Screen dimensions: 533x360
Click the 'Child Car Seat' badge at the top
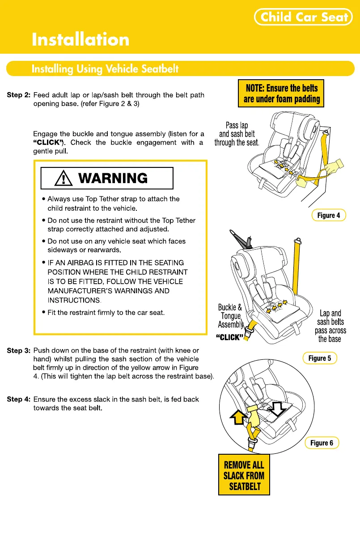tap(304, 17)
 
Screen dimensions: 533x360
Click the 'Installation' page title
tap(80, 40)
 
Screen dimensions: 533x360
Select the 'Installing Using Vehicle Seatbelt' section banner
tap(105, 69)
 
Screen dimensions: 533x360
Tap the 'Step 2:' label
tap(19, 95)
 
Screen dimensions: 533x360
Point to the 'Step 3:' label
tap(19, 350)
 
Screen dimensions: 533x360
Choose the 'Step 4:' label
tap(19, 399)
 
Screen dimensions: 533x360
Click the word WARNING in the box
tap(113, 178)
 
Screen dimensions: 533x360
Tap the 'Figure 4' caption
tap(329, 215)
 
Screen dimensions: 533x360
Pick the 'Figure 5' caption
tap(320, 358)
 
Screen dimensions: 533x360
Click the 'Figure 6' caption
tap(322, 443)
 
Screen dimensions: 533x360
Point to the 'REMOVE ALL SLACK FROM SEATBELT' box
tap(244, 475)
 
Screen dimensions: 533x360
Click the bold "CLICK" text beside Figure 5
tap(229, 337)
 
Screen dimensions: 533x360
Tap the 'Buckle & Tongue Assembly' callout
tap(230, 316)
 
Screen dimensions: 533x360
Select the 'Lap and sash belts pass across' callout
tap(330, 326)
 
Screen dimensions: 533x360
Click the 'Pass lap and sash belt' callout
tap(237, 134)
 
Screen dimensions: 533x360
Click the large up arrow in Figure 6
tap(238, 417)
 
